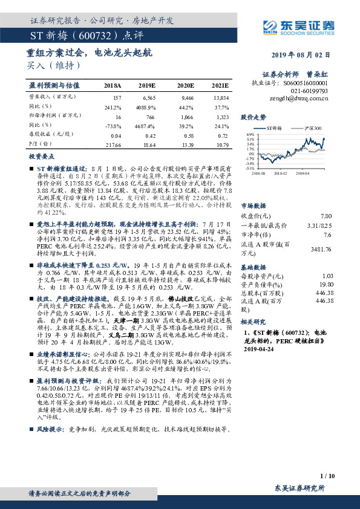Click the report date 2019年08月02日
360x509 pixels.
[x=307, y=54]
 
